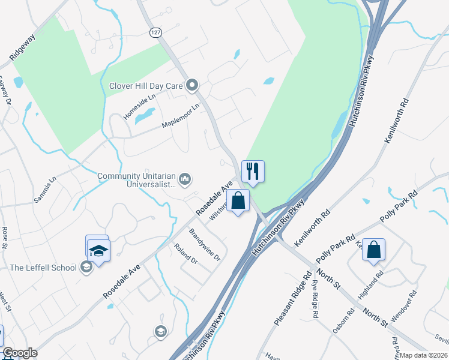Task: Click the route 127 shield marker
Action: coord(156,33)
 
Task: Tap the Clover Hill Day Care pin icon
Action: coord(193,86)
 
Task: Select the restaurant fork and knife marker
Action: coord(253,172)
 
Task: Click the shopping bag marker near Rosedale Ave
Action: coord(238,200)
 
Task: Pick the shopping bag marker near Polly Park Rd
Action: coord(373,249)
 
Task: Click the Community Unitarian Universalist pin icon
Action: coord(185,179)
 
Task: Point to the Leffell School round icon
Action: coord(86,268)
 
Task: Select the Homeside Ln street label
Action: coord(139,106)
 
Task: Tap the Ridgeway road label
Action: coord(22,47)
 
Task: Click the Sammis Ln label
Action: coord(45,189)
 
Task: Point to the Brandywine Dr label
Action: coord(205,244)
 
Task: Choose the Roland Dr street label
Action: coord(185,253)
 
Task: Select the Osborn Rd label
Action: coord(344,322)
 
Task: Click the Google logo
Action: coord(20,353)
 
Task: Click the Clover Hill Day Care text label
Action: coord(145,86)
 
